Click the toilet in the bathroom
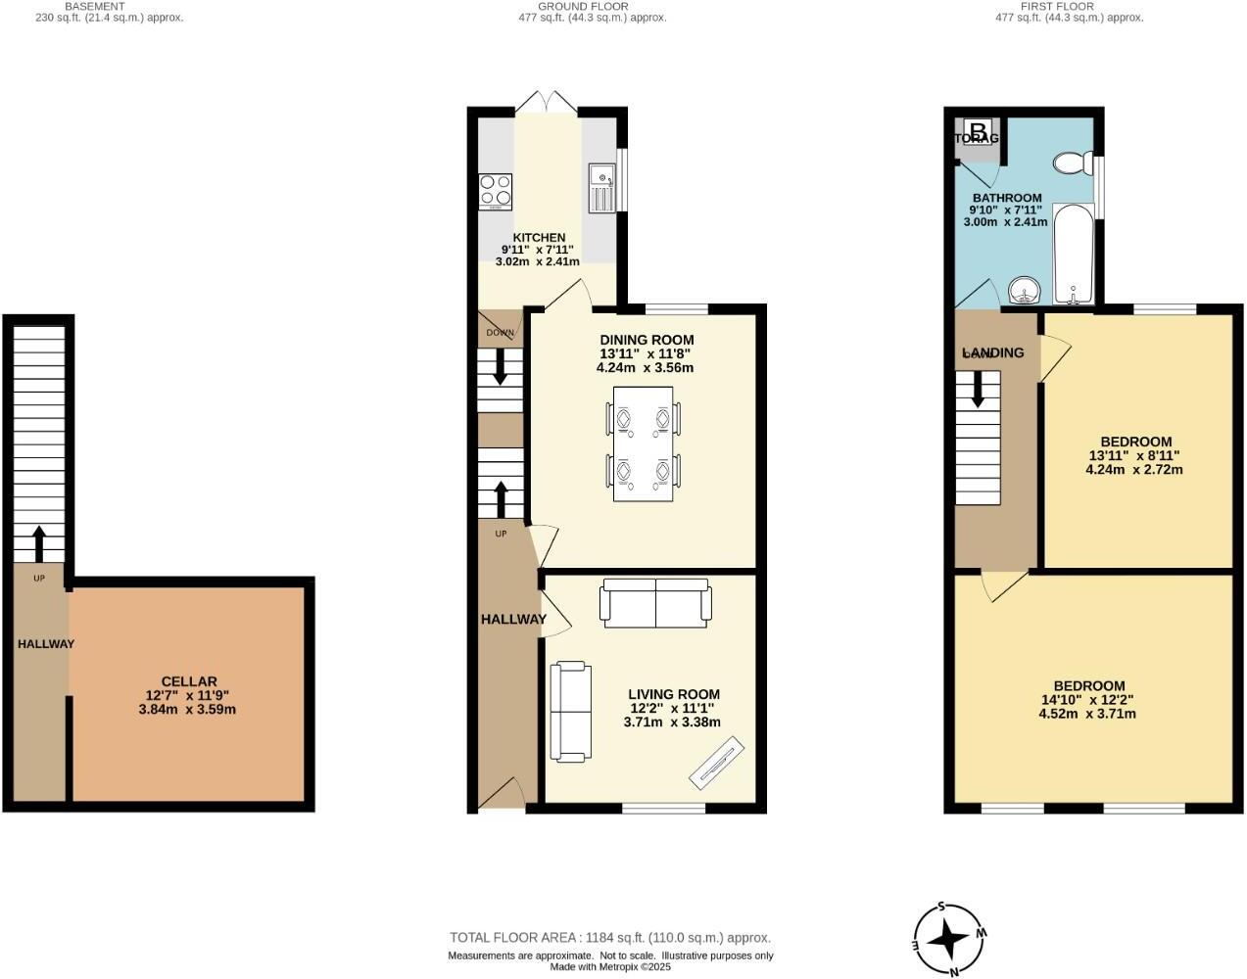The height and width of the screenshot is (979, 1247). point(1074,163)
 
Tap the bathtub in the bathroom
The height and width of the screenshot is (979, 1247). point(1074,255)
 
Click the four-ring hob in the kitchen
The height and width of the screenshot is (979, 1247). point(495,191)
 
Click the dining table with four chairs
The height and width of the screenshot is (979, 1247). point(644,443)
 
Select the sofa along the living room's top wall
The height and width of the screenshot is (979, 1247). point(655,602)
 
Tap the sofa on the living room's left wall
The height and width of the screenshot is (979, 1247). point(570,711)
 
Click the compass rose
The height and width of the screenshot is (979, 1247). point(948,939)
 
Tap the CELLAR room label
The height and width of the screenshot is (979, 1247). point(188,681)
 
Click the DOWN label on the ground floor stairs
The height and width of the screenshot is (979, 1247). point(500,333)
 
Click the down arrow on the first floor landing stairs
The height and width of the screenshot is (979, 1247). point(978,393)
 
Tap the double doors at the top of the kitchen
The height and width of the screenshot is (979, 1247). point(547,102)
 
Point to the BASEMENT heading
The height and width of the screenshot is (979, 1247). point(95,6)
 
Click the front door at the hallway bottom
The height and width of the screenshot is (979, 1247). point(504,793)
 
